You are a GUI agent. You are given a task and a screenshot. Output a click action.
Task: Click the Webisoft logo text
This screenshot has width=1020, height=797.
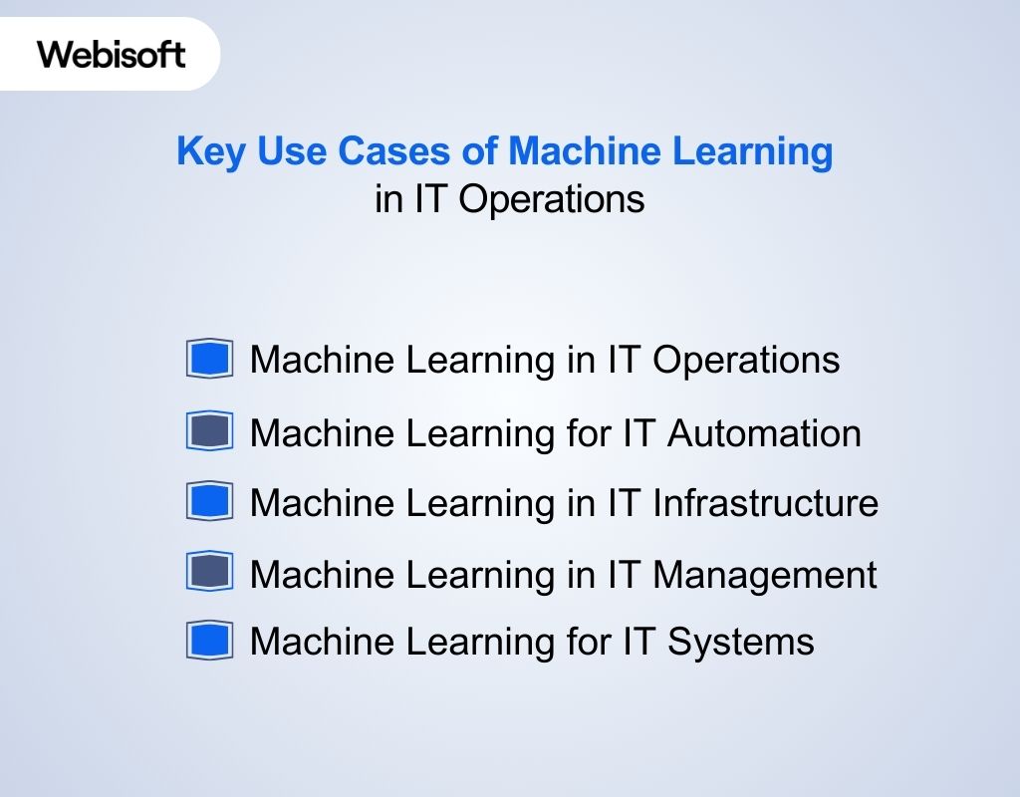112,54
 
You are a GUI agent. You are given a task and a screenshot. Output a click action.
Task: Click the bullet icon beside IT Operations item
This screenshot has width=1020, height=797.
209,359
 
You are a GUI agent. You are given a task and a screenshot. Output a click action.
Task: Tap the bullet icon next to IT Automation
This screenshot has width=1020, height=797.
209,432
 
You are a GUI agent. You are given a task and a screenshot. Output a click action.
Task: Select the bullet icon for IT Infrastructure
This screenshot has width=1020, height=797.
209,502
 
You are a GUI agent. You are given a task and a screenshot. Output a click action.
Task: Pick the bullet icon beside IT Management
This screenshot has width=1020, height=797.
209,573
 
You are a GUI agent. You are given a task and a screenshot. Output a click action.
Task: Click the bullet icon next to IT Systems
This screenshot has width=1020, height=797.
209,641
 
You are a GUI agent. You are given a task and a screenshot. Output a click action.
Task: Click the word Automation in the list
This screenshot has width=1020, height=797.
764,433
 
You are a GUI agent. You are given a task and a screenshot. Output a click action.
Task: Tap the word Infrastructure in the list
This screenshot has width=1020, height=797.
765,503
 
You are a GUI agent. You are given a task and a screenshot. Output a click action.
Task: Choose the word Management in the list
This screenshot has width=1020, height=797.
764,574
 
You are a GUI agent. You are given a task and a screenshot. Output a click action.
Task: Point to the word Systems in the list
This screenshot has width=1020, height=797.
741,642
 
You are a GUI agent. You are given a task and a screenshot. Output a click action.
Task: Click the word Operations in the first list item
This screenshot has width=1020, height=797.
746,360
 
